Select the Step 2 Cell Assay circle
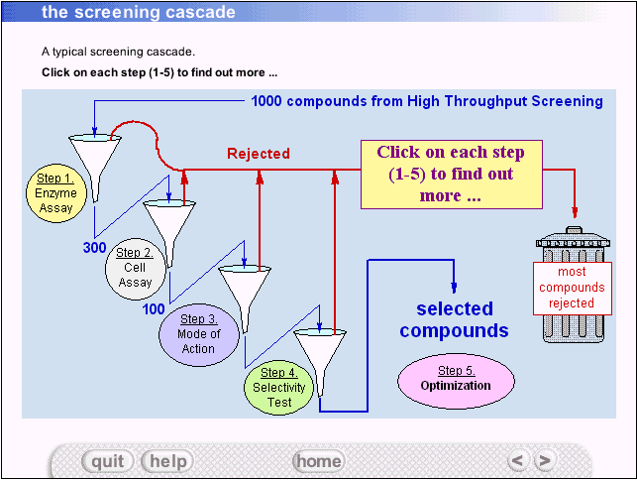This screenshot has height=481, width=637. pyautogui.click(x=135, y=267)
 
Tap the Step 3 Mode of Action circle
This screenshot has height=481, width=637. pyautogui.click(x=198, y=333)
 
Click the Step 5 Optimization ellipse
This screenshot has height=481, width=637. pyautogui.click(x=457, y=379)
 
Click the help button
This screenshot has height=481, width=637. pyautogui.click(x=167, y=461)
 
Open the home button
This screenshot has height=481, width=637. pyautogui.click(x=318, y=461)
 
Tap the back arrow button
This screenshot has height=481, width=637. pyautogui.click(x=516, y=460)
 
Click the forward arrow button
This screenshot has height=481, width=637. pyautogui.click(x=544, y=460)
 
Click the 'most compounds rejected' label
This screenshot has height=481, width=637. pyautogui.click(x=572, y=288)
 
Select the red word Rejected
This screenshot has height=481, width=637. pyautogui.click(x=259, y=154)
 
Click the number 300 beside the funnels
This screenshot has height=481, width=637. pyautogui.click(x=95, y=248)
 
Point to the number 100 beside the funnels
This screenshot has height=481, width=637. pyautogui.click(x=154, y=308)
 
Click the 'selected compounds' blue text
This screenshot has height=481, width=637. pyautogui.click(x=454, y=320)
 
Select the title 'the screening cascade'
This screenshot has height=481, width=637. pyautogui.click(x=139, y=13)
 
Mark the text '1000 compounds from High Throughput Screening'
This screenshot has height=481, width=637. pyautogui.click(x=427, y=101)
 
